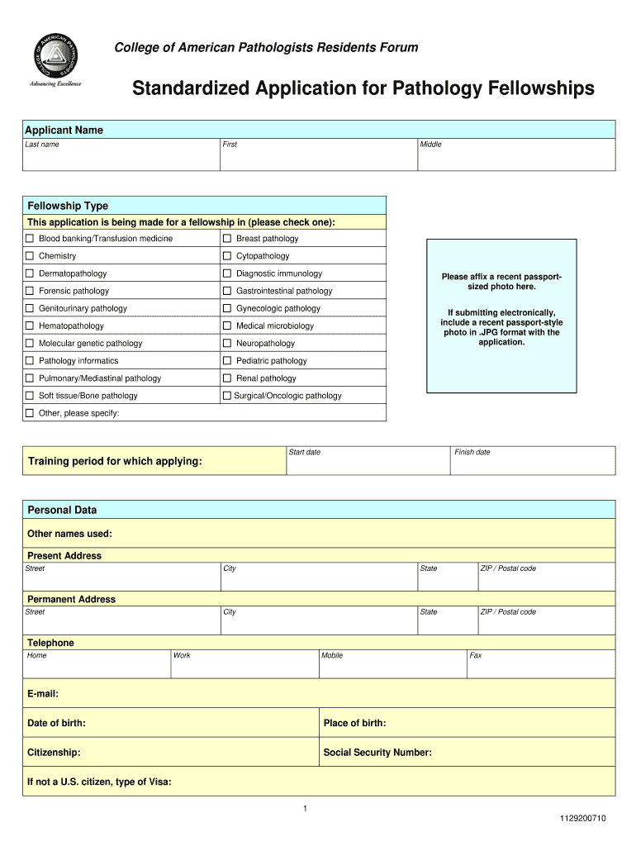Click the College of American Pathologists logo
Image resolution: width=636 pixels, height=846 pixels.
(57, 59)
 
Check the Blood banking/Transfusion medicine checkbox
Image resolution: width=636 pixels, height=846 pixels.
(30, 239)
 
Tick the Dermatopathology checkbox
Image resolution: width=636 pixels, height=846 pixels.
(30, 273)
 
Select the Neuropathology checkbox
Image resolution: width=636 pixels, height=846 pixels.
(227, 344)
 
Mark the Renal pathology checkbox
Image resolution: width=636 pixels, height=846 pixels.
(227, 378)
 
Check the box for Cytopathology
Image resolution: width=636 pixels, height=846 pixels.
(227, 256)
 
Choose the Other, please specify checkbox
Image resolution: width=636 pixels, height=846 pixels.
(30, 413)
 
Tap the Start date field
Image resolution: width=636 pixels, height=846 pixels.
(368, 463)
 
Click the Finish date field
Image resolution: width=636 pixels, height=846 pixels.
(533, 463)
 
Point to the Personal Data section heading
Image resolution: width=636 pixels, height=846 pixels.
(63, 510)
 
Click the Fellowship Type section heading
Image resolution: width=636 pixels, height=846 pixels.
(69, 206)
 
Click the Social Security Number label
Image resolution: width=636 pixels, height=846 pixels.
(377, 753)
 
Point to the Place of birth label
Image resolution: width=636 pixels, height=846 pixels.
(355, 724)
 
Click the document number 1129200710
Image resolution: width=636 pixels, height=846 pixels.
(582, 819)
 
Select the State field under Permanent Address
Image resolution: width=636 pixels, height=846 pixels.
(447, 622)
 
